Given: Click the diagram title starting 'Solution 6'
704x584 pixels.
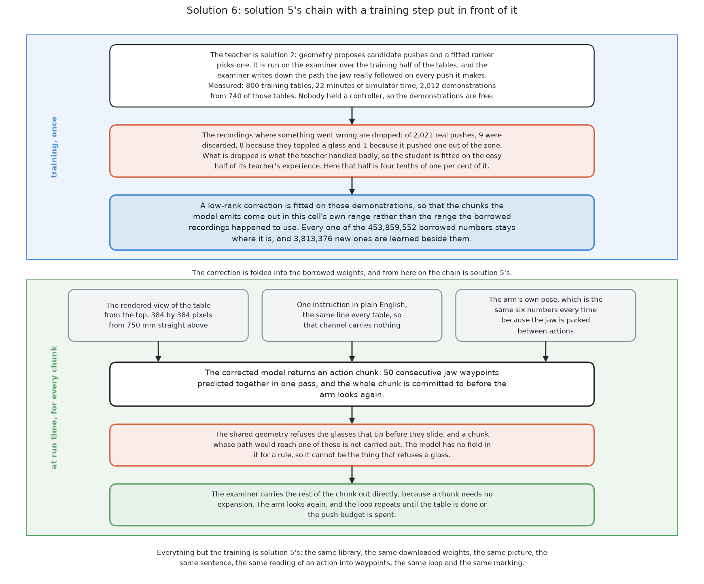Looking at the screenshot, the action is point(352,11).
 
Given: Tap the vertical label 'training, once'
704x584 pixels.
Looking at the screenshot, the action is point(54,147).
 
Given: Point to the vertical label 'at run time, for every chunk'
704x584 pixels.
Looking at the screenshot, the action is point(54,407).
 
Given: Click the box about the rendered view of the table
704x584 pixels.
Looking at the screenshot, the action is point(158,315).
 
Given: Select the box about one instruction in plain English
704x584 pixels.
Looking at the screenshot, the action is point(352,315).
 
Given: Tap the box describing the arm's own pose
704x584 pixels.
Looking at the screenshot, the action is point(545,315).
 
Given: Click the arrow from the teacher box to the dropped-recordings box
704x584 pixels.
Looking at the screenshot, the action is point(352,116).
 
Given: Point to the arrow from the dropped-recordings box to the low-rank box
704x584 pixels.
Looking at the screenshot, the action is point(352,186).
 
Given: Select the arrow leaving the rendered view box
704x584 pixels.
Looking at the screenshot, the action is point(158,352).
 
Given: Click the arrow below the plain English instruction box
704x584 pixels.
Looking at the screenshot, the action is point(352,352).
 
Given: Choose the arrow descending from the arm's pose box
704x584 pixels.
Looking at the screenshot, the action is point(545,352).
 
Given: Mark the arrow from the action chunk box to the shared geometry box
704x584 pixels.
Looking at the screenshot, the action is point(352,415).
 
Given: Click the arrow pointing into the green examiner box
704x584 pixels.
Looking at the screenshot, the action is point(352,475).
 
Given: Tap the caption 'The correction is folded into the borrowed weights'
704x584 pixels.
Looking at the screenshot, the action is point(352,273).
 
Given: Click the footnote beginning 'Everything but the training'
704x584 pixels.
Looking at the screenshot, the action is point(352,558).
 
